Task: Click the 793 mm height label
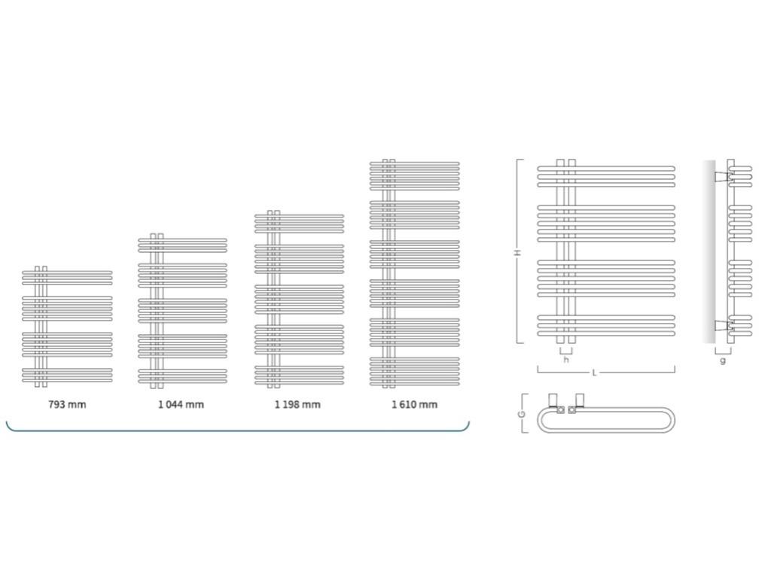click(67, 404)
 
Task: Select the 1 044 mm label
click(181, 404)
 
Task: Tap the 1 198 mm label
click(297, 404)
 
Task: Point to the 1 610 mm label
click(414, 404)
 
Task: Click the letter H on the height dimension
click(517, 253)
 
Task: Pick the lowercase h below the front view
click(566, 360)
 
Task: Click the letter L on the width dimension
click(594, 373)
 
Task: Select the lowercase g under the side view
click(724, 360)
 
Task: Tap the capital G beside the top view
click(521, 414)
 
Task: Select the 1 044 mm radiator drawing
click(181, 311)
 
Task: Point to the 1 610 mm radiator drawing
click(414, 274)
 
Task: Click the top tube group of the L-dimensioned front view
click(606, 176)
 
